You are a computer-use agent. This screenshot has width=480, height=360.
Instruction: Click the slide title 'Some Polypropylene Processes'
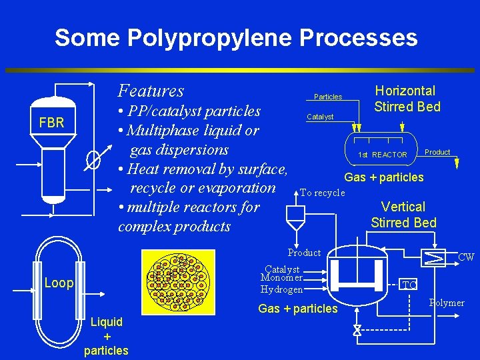[236, 37]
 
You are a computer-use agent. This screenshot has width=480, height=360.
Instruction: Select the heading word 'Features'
[151, 90]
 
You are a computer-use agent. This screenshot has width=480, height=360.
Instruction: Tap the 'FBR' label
[51, 123]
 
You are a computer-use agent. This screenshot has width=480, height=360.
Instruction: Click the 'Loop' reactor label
[59, 283]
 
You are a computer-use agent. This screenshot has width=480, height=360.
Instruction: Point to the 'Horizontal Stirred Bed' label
[407, 99]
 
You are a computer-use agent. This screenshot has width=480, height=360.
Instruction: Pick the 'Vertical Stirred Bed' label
[403, 215]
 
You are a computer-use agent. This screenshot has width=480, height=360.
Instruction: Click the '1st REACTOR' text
[382, 155]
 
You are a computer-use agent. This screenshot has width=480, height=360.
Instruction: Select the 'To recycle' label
[323, 193]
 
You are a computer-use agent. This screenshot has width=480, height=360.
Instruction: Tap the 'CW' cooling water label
[465, 257]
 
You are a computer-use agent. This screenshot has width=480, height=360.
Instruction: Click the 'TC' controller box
[410, 285]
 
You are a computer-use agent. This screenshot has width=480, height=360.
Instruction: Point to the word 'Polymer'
[447, 303]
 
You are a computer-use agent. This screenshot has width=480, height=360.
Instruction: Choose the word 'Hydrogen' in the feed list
[281, 289]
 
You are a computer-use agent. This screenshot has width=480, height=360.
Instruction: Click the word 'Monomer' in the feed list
[281, 277]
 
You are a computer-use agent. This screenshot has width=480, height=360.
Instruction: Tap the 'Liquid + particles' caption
[106, 336]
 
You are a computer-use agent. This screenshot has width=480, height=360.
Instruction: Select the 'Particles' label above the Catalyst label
[328, 97]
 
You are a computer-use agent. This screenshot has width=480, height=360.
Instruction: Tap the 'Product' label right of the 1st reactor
[437, 152]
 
